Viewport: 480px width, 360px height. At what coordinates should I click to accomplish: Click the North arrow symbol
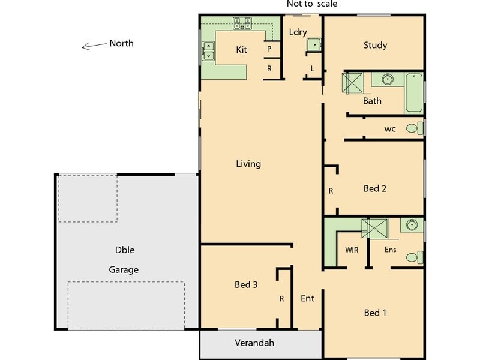[94, 46]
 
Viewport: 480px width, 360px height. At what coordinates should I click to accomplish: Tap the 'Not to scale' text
[311, 4]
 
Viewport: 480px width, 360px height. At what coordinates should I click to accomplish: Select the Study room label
[375, 46]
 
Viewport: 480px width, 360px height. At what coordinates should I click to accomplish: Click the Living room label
[248, 164]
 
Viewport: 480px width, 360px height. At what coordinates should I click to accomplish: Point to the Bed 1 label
[375, 313]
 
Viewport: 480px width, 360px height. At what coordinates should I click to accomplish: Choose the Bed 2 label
[375, 188]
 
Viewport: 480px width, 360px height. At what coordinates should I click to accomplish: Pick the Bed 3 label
[246, 285]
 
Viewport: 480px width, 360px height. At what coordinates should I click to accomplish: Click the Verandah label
[254, 343]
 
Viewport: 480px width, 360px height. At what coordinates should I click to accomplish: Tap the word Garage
[124, 270]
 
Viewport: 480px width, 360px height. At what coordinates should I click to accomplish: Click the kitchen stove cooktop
[242, 23]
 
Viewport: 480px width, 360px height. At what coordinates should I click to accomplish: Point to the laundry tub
[313, 46]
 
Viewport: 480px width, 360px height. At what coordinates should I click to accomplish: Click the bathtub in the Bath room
[414, 92]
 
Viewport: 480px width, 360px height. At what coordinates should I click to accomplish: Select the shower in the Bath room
[353, 83]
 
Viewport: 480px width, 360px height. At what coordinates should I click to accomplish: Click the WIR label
[352, 250]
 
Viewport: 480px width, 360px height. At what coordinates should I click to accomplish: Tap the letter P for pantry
[269, 49]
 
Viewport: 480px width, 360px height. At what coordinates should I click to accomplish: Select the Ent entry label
[308, 298]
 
